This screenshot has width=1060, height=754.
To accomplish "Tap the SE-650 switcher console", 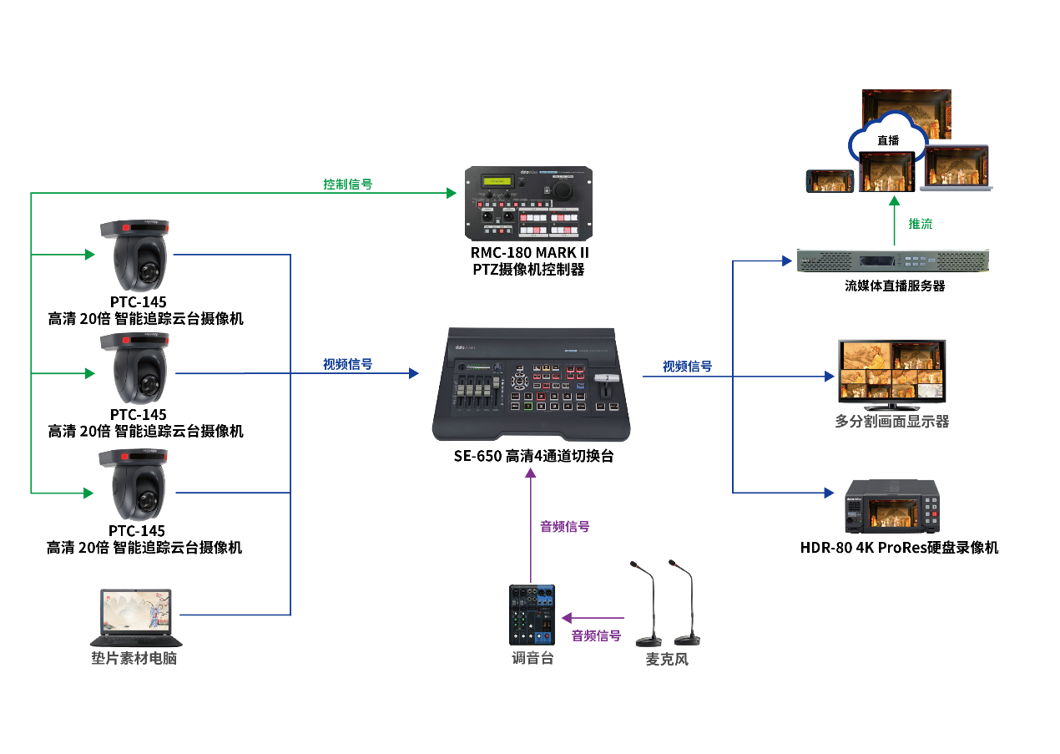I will tap(533, 384).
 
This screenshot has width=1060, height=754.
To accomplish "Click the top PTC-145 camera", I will tap(134, 255).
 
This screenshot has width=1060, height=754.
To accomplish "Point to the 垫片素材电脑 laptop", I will tap(135, 616).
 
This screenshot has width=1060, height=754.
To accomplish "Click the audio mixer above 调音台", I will tap(532, 615).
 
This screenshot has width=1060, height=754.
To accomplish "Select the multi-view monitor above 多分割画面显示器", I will tap(891, 372).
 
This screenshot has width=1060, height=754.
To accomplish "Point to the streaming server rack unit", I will tap(892, 262).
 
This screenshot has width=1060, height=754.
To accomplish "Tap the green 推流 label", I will tap(921, 224).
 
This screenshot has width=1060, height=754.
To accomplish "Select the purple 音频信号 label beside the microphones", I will tap(596, 636).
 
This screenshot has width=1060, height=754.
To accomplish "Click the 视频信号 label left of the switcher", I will tap(347, 365).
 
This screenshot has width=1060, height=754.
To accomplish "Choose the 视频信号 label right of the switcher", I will tap(687, 367).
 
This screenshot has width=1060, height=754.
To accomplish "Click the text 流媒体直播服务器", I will tap(894, 286).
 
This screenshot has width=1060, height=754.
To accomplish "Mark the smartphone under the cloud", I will tap(829, 181).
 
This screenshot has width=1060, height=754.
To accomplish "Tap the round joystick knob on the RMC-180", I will tap(566, 190).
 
